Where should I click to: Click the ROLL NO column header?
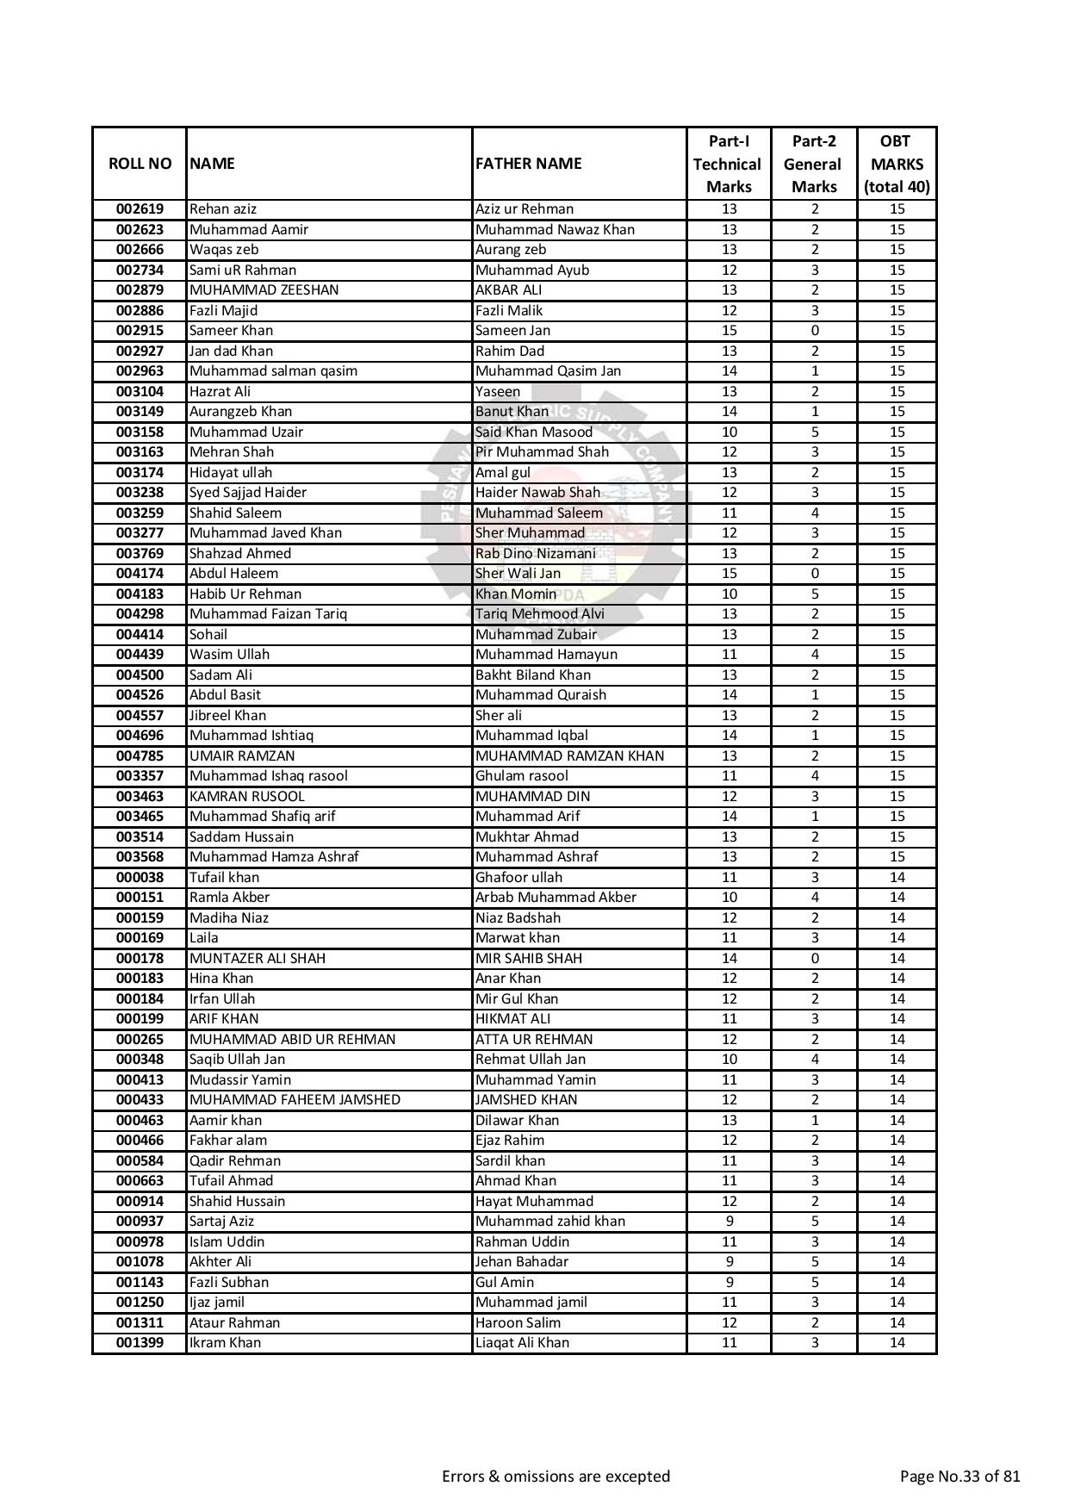140,164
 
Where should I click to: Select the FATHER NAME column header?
529,164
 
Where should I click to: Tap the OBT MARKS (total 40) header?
897,164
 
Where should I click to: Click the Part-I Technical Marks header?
728,164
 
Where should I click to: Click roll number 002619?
140,209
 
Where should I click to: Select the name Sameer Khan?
231,331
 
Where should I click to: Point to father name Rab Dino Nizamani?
535,554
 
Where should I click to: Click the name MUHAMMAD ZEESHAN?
264,290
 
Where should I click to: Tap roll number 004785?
140,756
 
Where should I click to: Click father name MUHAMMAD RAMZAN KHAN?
569,756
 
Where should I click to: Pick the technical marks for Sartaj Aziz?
729,1222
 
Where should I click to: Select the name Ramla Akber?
229,898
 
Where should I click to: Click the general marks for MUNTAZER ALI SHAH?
814,959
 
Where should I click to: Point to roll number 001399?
140,1343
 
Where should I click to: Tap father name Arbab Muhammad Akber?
556,898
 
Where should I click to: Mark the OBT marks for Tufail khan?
897,878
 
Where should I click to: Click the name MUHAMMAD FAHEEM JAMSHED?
295,1100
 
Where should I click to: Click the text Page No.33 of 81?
959,1477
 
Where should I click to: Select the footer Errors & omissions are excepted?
556,1477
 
